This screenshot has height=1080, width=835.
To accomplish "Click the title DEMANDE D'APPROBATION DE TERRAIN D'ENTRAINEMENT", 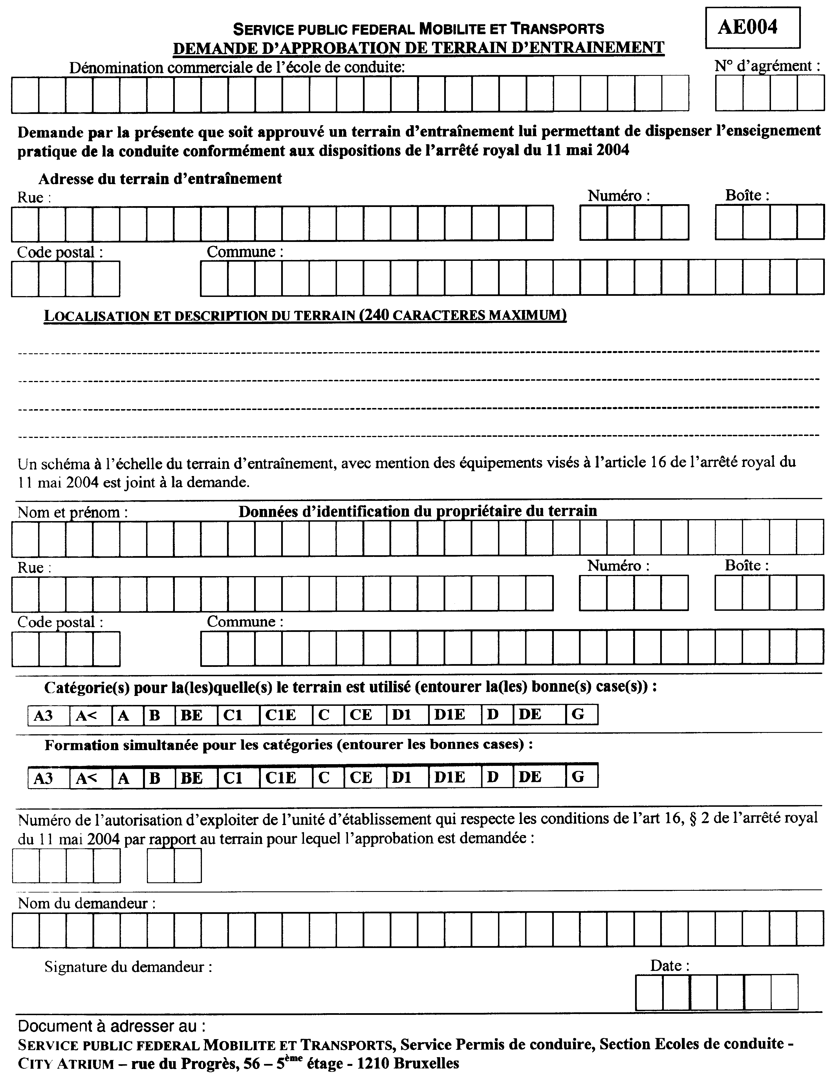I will (418, 48).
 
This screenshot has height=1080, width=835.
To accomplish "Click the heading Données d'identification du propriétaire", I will (417, 511).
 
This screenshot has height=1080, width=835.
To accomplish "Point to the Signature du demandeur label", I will (128, 967).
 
